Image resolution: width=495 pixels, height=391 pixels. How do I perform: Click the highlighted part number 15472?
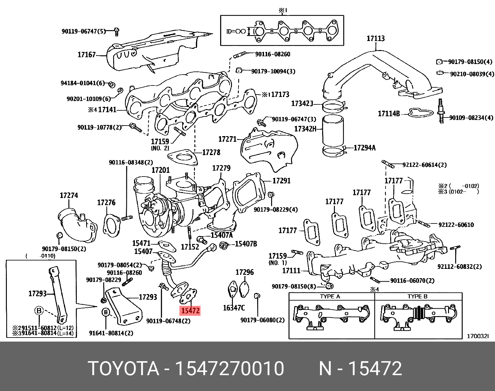click(190, 310)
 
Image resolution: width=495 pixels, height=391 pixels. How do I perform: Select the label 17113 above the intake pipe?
click(376, 39)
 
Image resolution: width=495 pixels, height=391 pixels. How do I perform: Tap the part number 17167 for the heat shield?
click(86, 55)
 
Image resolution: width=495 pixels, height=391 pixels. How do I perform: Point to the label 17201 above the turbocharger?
click(160, 170)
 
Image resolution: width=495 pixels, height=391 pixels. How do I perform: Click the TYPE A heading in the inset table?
click(330, 296)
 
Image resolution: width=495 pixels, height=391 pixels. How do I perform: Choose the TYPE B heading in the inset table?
click(417, 296)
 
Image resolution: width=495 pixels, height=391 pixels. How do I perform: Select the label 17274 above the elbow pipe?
click(69, 195)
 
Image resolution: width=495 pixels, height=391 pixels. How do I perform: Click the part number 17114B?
click(389, 114)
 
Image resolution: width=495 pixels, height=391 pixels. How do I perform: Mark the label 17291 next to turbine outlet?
click(281, 181)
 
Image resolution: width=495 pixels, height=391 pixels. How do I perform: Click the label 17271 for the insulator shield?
click(227, 139)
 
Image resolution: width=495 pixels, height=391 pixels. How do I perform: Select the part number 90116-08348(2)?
click(131, 163)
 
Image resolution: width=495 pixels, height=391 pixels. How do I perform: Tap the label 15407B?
click(246, 244)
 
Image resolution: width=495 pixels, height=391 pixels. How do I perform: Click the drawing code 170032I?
click(478, 336)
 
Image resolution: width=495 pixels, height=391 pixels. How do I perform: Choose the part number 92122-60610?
click(456, 225)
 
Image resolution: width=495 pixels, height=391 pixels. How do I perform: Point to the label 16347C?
click(234, 308)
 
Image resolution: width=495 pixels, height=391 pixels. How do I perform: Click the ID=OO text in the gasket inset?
click(236, 31)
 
